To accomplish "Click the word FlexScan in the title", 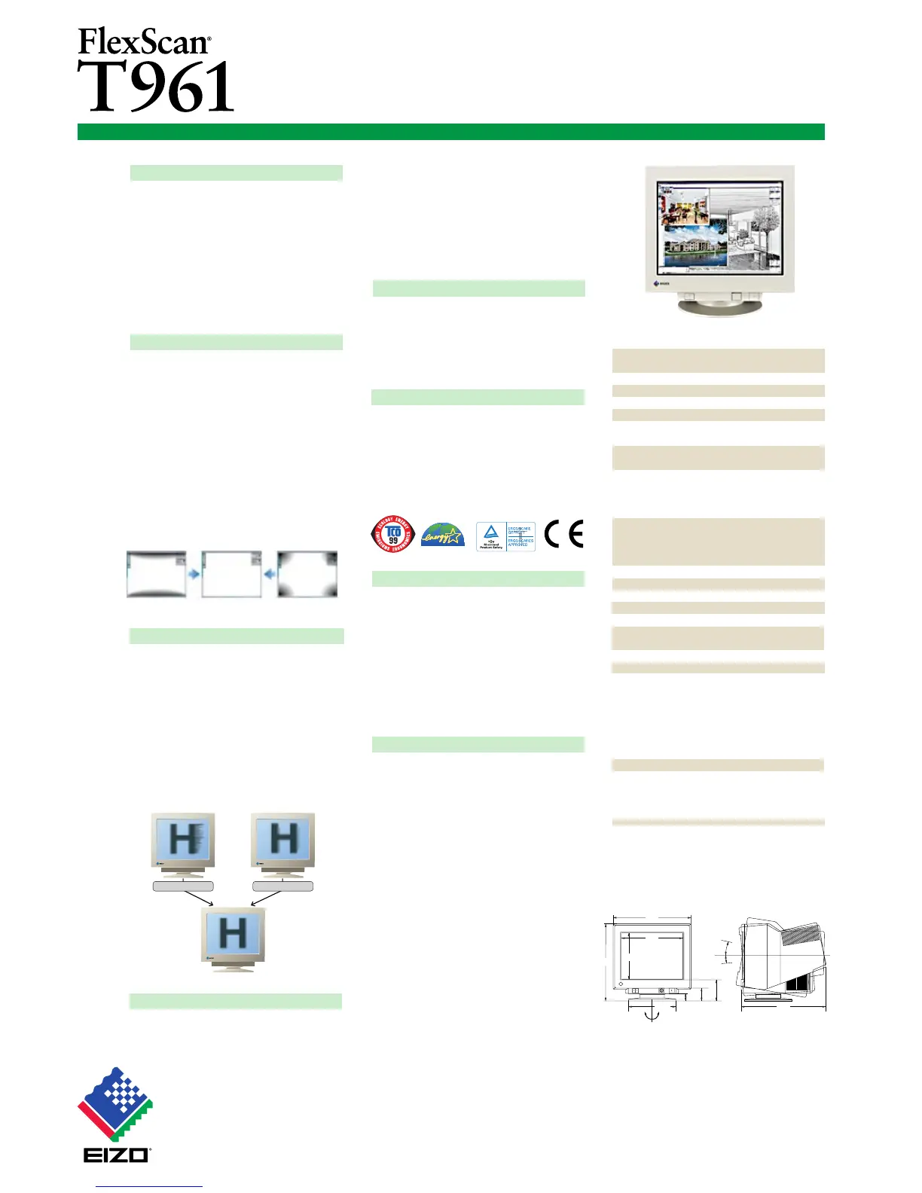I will (143, 41).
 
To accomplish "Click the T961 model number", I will (156, 87).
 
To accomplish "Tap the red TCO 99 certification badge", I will (392, 533).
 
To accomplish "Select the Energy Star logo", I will (443, 535).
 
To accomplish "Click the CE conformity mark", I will (563, 534).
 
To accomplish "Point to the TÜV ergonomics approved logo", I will (505, 536).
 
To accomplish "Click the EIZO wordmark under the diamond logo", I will (117, 1154).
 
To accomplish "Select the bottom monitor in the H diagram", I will (233, 938).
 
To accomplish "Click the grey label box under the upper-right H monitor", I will (282, 886).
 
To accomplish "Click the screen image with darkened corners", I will (307, 575).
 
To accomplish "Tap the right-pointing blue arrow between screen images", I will (194, 574).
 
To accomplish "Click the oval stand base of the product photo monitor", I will (719, 307).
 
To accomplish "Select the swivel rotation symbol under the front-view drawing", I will (651, 1014).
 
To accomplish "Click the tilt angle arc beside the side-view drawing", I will (725, 952).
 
